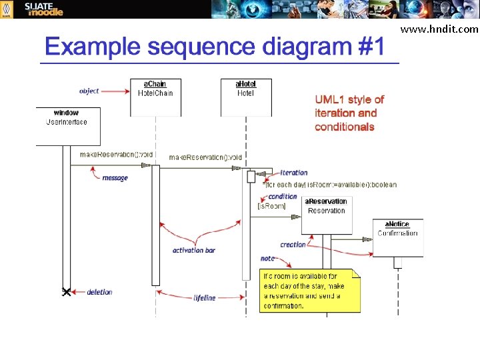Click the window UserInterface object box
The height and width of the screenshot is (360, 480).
click(67, 126)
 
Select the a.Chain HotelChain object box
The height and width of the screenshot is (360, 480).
click(155, 97)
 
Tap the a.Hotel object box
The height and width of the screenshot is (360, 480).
click(245, 97)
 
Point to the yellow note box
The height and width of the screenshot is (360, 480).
click(309, 291)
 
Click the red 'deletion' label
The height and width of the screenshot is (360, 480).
click(99, 292)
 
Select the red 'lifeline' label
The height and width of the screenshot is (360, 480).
click(205, 298)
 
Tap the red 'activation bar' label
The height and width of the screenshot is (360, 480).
click(193, 251)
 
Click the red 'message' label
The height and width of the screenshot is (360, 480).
click(115, 178)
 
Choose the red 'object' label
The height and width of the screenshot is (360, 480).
click(89, 91)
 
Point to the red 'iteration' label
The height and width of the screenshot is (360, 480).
click(294, 173)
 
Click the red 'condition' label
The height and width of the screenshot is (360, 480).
click(283, 197)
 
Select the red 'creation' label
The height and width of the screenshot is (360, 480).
click(293, 245)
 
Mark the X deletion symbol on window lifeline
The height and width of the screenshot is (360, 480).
click(66, 292)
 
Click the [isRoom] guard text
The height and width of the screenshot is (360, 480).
click(271, 207)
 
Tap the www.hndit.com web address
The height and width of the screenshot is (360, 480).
click(448, 29)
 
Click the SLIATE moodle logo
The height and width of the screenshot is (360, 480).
click(44, 9)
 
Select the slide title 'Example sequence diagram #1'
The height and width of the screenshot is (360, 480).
click(215, 47)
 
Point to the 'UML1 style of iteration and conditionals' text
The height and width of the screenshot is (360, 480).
click(349, 113)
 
